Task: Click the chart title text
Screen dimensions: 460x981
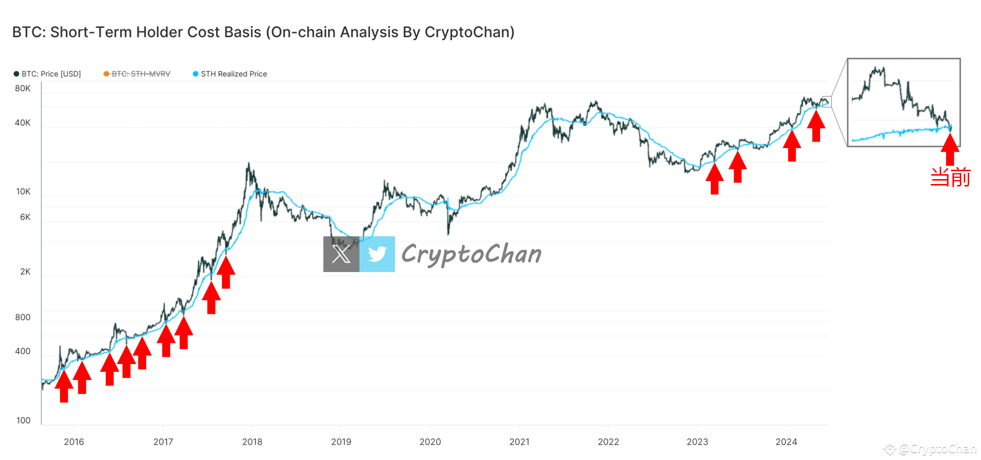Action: [x=263, y=32]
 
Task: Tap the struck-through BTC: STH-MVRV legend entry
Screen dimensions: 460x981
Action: [x=137, y=74]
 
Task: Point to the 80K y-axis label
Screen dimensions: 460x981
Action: [x=23, y=89]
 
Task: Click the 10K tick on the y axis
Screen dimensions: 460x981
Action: [x=23, y=191]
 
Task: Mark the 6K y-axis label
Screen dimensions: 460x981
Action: [x=25, y=217]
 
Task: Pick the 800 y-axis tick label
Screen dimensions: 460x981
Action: [x=23, y=317]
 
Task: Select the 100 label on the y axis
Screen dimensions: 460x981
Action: [x=23, y=420]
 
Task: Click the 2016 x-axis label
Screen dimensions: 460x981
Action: [x=74, y=442]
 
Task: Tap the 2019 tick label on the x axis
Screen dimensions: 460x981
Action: [x=341, y=442]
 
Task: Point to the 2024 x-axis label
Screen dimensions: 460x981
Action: [x=786, y=442]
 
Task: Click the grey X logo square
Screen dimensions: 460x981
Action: [x=341, y=254]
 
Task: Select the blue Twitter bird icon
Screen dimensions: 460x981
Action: [x=377, y=254]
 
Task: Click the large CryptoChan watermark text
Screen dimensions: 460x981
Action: [x=471, y=254]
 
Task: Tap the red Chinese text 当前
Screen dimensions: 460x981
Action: [x=950, y=177]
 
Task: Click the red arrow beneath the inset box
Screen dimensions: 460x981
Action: [x=950, y=149]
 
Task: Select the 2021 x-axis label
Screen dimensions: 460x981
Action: [x=519, y=442]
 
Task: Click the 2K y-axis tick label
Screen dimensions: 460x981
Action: [x=25, y=272]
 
